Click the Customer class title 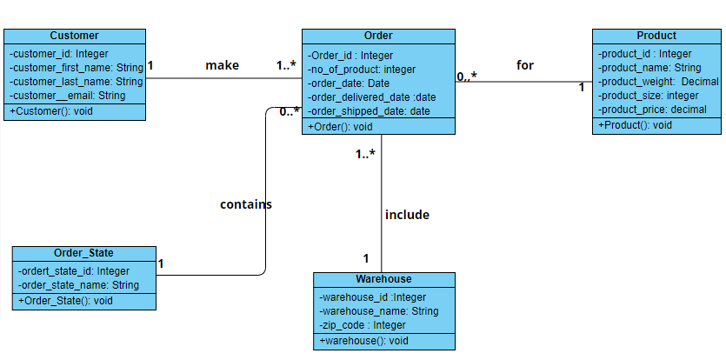(x=74, y=36)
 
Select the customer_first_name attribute (x=77, y=67)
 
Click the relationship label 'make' (x=222, y=65)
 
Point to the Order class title (x=378, y=36)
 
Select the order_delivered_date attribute (x=371, y=97)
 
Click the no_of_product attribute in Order (x=363, y=70)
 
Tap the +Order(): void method (x=340, y=126)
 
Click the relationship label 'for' (x=525, y=65)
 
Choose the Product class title (x=656, y=36)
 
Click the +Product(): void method (x=635, y=125)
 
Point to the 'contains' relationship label (x=246, y=204)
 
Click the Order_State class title (x=83, y=253)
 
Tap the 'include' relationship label (x=407, y=214)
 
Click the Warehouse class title (x=383, y=279)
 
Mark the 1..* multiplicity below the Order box (x=365, y=155)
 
